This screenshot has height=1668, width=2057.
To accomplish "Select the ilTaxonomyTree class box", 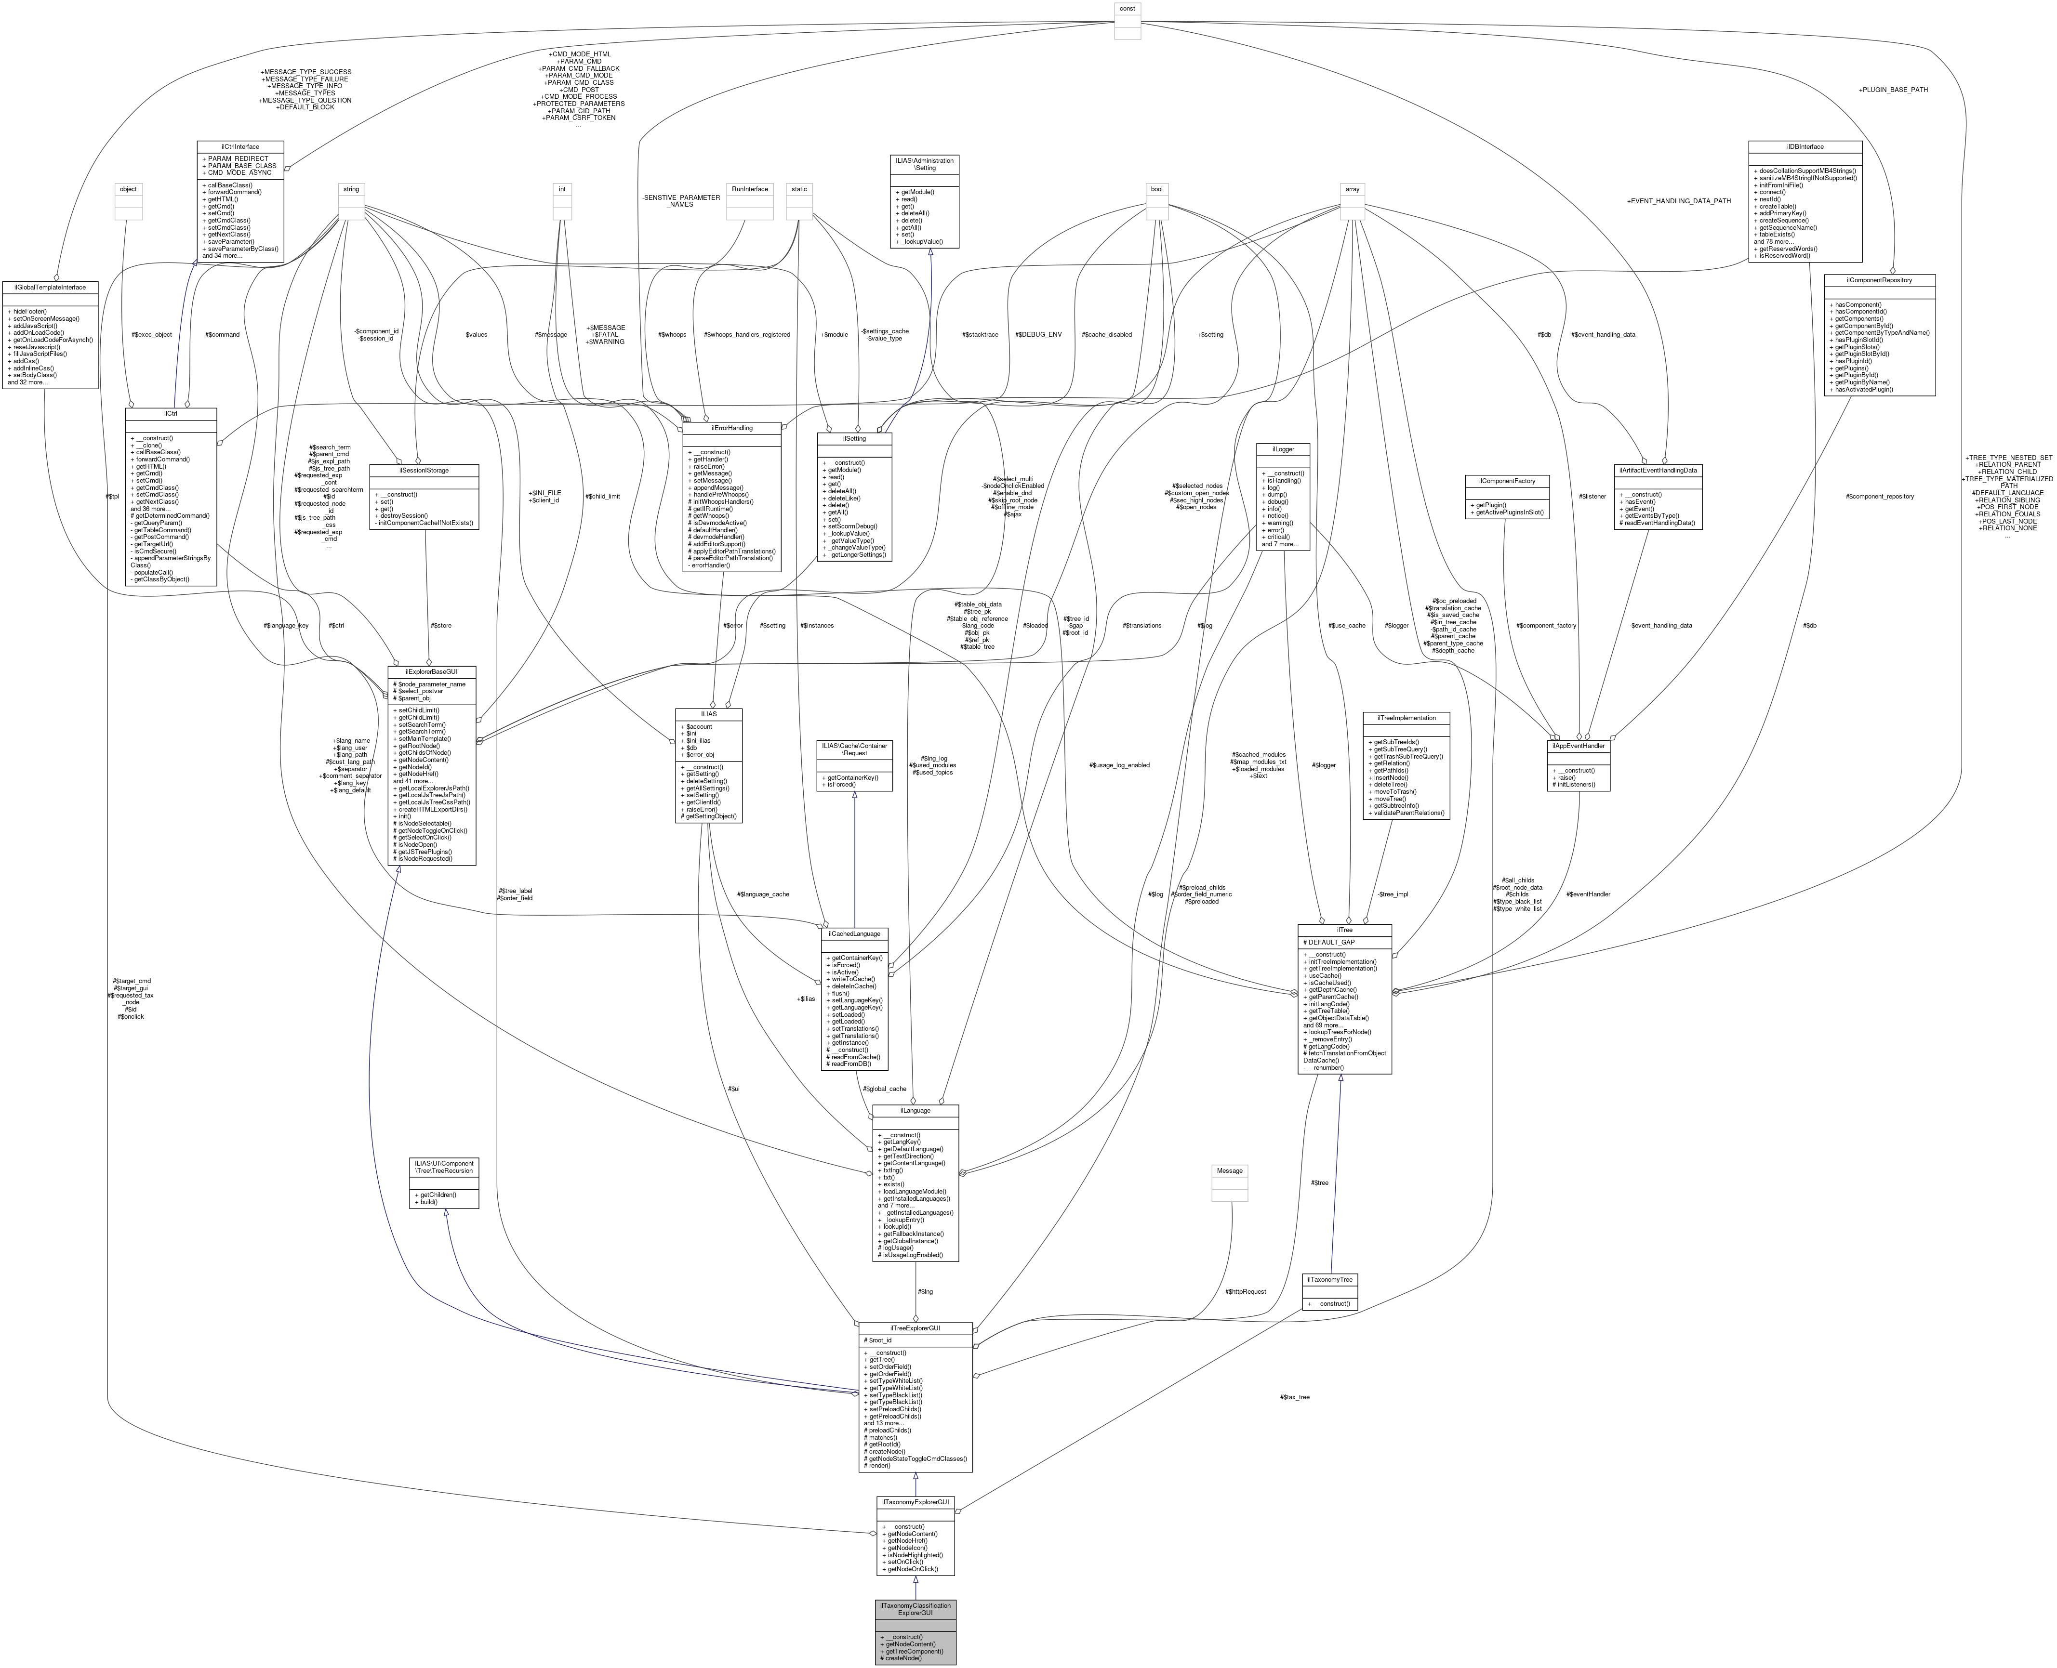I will click(1329, 1279).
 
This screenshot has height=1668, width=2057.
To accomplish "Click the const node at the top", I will click(1127, 9).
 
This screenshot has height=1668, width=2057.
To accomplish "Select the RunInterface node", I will click(750, 189).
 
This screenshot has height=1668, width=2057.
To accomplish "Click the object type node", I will click(128, 189).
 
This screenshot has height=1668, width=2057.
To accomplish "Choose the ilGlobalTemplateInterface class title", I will click(50, 287).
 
